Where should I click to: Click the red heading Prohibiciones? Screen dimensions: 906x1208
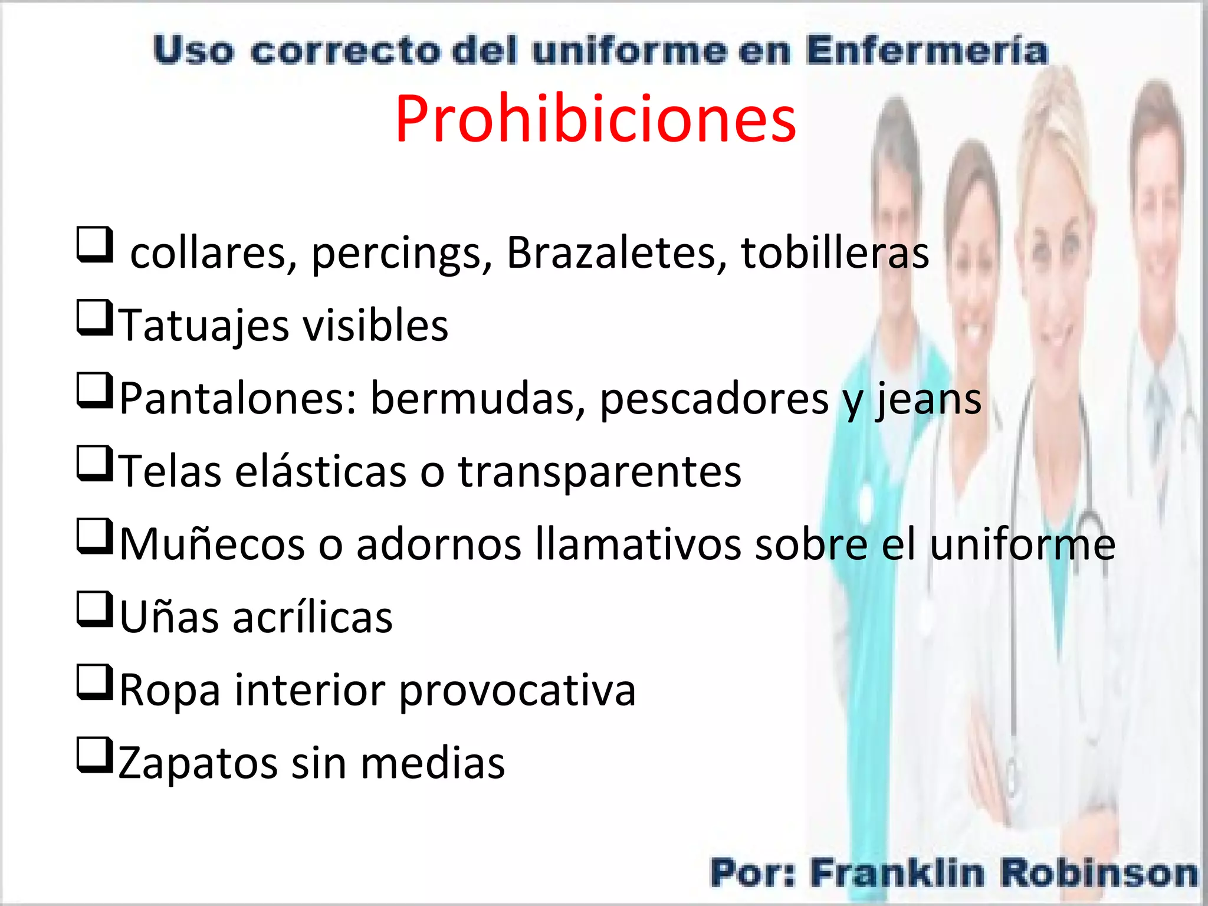(x=596, y=119)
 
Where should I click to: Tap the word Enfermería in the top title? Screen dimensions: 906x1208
(x=927, y=51)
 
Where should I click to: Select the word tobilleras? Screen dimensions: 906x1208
(x=835, y=253)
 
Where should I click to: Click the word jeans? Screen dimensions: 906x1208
(x=928, y=399)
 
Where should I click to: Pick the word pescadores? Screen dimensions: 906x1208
(x=714, y=399)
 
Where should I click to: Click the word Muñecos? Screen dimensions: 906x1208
(x=212, y=544)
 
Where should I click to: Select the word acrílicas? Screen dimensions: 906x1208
(x=313, y=618)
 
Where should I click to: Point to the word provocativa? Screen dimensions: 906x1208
(x=517, y=690)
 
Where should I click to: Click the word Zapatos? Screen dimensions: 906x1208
(x=198, y=763)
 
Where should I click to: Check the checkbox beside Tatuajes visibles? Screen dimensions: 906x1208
(x=94, y=318)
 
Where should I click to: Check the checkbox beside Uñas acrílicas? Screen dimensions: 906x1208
(x=94, y=610)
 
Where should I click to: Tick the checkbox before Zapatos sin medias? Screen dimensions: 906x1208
(x=94, y=756)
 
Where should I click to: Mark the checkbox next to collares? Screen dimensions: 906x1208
(x=94, y=245)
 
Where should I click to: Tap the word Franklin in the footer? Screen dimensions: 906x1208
(x=897, y=874)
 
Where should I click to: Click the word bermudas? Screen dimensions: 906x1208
(x=478, y=399)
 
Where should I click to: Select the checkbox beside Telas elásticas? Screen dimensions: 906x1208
(x=94, y=464)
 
